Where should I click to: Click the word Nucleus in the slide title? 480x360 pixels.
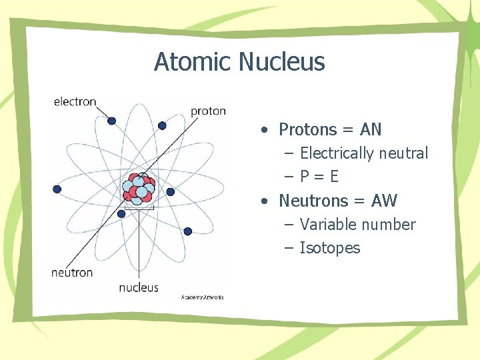(x=282, y=62)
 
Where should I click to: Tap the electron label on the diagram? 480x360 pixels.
(x=75, y=102)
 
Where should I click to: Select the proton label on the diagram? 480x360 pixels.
(x=208, y=111)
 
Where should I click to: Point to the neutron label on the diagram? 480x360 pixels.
(x=72, y=273)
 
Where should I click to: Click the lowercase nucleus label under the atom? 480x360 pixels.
(x=139, y=287)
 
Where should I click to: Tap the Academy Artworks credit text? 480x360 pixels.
(x=203, y=297)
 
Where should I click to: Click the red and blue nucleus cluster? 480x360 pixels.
(x=140, y=189)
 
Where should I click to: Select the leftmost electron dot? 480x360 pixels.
(x=57, y=189)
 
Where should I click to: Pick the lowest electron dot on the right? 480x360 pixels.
(x=187, y=231)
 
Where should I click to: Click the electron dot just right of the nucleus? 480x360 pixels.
(x=170, y=192)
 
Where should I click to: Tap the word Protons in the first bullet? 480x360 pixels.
(x=307, y=129)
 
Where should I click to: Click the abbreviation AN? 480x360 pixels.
(x=371, y=129)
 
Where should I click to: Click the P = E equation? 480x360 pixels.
(x=319, y=177)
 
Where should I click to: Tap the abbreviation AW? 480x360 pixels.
(x=384, y=201)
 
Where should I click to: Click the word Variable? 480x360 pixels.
(x=327, y=225)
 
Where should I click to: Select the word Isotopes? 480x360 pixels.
(x=330, y=248)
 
